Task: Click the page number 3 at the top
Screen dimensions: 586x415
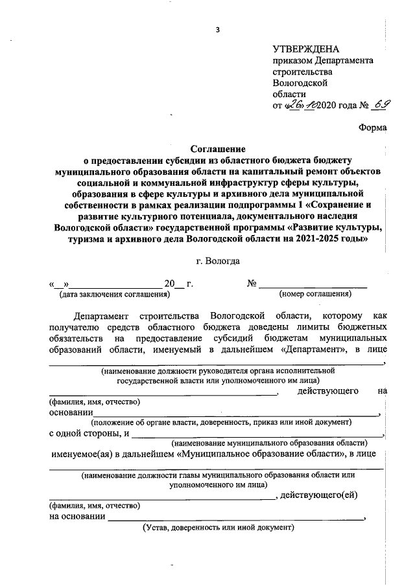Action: coord(218,29)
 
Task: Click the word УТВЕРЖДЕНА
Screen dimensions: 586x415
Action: coord(305,49)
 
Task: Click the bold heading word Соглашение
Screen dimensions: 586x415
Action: coord(218,148)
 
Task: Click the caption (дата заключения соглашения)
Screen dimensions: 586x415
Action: coord(113,295)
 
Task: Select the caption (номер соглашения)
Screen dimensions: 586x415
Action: coord(315,295)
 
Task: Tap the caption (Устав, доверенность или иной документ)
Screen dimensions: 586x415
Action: coord(219,528)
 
